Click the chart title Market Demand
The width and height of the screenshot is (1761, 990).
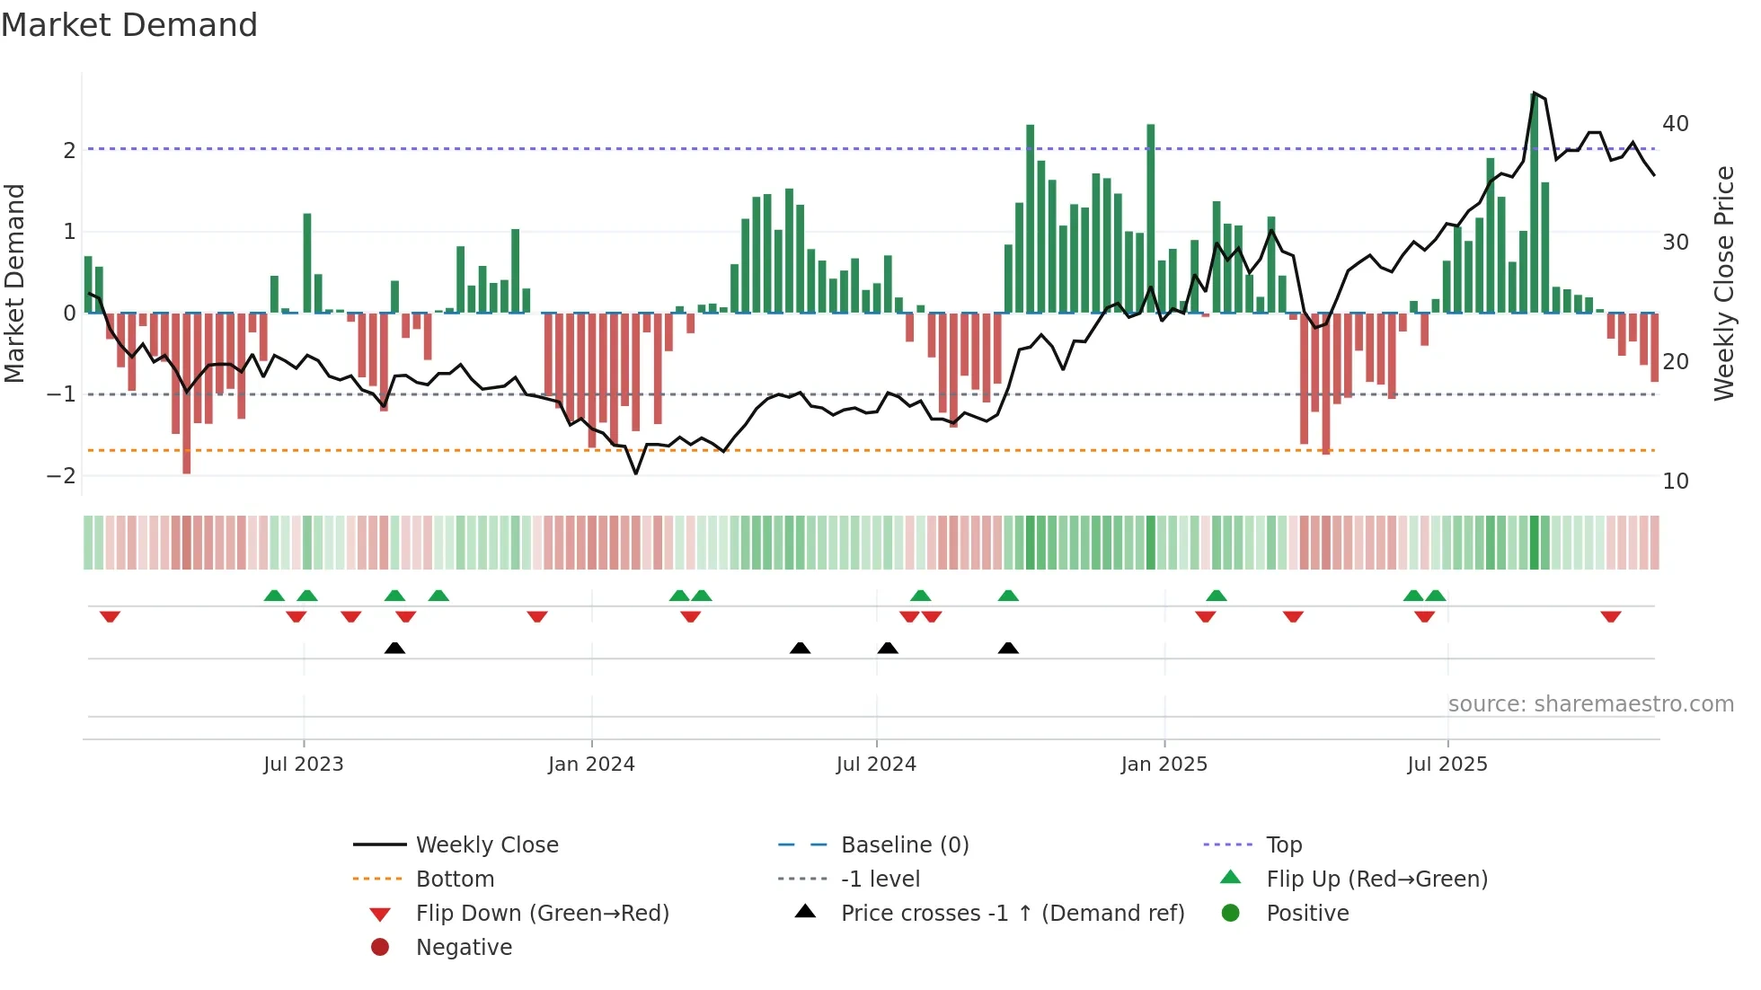pyautogui.click(x=129, y=25)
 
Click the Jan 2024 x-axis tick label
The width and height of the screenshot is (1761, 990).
pyautogui.click(x=591, y=765)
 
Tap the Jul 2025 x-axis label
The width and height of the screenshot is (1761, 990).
pyautogui.click(x=1447, y=765)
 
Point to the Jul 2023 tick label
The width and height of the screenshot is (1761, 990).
pyautogui.click(x=304, y=765)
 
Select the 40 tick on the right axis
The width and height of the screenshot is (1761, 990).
pyautogui.click(x=1675, y=124)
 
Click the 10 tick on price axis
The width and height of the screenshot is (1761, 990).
pyautogui.click(x=1675, y=482)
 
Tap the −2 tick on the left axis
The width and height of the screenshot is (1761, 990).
pyautogui.click(x=61, y=476)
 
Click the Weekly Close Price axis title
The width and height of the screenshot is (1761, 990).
pyautogui.click(x=1723, y=284)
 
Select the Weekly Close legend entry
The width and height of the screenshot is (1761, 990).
pyautogui.click(x=486, y=845)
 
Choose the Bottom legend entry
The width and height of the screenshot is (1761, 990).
pyautogui.click(x=455, y=880)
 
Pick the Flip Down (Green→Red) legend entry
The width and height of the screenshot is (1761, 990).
pyautogui.click(x=542, y=914)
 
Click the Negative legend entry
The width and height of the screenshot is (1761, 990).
pyautogui.click(x=464, y=948)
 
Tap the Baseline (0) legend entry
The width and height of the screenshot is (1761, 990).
pyautogui.click(x=904, y=845)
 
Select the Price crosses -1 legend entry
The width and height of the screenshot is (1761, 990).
pyautogui.click(x=1012, y=914)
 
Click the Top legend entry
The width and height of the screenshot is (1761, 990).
pyautogui.click(x=1283, y=845)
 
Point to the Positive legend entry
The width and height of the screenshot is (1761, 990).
pyautogui.click(x=1307, y=914)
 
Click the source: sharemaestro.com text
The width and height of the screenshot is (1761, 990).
pyautogui.click(x=1590, y=704)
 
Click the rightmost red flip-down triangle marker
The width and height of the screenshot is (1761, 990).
pyautogui.click(x=1610, y=616)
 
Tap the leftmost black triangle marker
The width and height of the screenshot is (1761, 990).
pyautogui.click(x=394, y=648)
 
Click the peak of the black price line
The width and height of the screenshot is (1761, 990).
pyautogui.click(x=1534, y=93)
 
